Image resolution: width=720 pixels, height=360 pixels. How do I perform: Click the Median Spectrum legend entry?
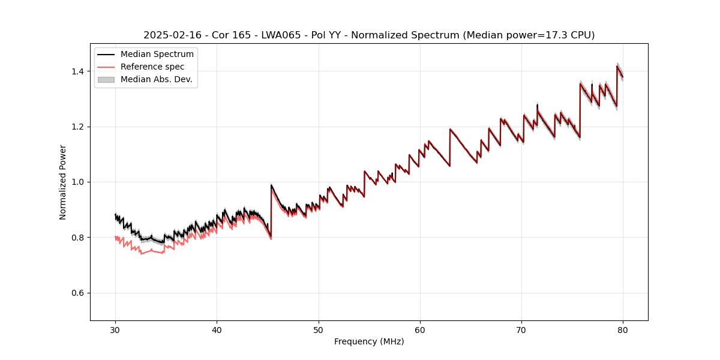point(157,55)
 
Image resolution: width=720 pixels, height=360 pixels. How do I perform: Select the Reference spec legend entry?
point(152,67)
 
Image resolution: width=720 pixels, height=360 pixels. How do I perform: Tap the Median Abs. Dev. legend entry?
point(156,79)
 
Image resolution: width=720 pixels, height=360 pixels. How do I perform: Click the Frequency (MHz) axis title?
point(369,342)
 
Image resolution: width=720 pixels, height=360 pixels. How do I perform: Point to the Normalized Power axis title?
point(63,182)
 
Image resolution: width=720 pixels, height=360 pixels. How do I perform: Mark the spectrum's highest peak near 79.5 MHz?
point(617,66)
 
